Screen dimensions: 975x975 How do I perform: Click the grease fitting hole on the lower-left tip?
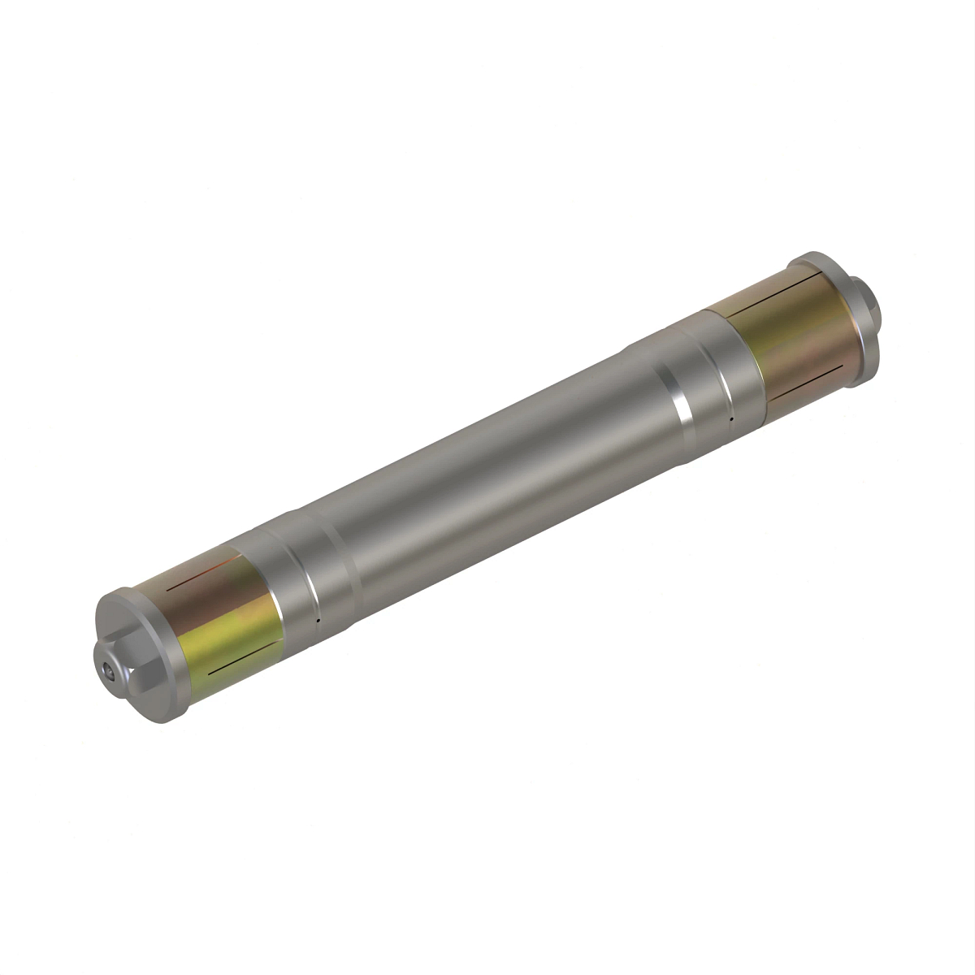point(109,671)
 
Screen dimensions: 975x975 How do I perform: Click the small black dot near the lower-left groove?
point(318,621)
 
